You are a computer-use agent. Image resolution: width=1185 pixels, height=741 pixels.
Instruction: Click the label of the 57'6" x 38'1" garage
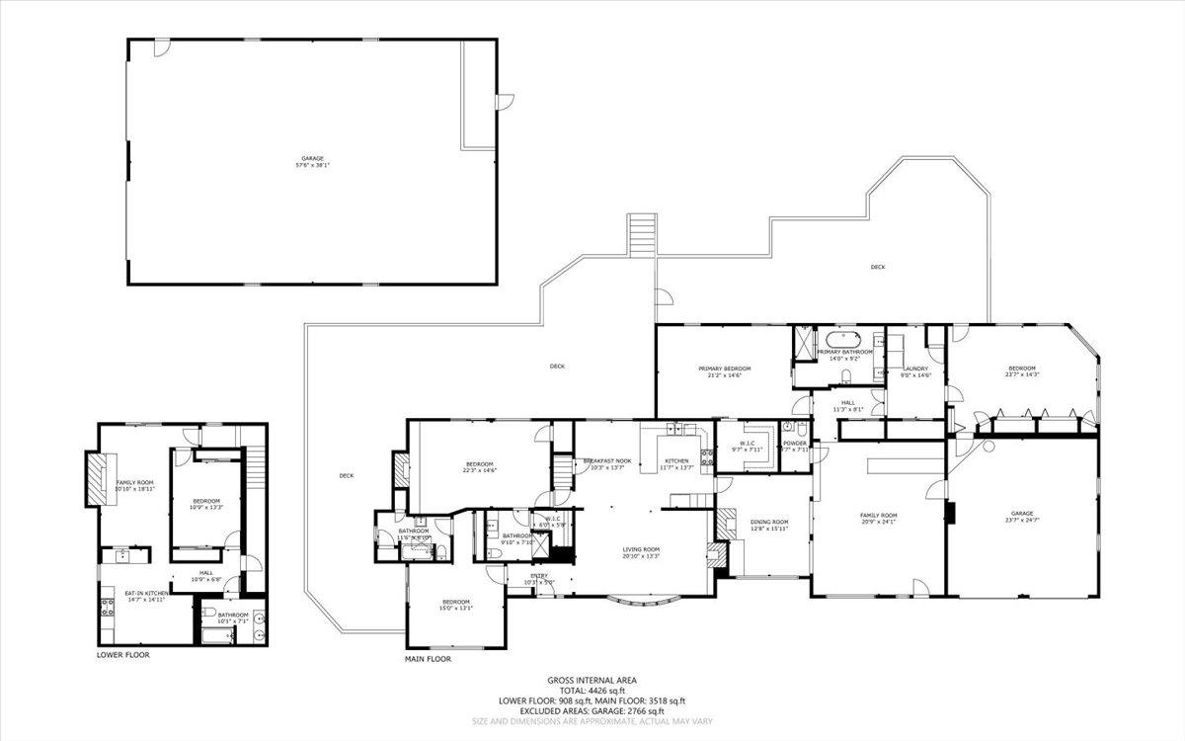click(312, 161)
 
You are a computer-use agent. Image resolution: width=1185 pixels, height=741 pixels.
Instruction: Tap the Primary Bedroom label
click(724, 370)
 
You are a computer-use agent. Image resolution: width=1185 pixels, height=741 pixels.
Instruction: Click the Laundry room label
click(916, 371)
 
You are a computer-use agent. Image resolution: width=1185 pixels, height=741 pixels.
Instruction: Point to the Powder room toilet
click(787, 428)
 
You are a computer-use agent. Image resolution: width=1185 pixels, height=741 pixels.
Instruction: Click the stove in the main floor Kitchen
click(708, 457)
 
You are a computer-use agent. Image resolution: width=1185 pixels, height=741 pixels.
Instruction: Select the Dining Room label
click(768, 525)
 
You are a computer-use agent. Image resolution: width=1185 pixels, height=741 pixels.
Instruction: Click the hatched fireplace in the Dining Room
click(726, 524)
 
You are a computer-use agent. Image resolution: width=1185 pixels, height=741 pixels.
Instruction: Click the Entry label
click(539, 578)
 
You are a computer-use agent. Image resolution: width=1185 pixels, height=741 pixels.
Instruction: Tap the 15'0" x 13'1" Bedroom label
click(455, 605)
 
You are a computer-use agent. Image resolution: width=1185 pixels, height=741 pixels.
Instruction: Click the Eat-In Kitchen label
click(142, 596)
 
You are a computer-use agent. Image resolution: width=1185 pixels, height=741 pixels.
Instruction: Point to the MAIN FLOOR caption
click(428, 659)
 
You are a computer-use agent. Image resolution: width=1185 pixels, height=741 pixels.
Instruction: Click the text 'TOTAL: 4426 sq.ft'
click(592, 690)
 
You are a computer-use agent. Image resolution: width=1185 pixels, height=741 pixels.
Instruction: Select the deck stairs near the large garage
click(642, 235)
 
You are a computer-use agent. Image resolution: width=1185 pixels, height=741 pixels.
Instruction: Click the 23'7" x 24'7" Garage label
click(1021, 517)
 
